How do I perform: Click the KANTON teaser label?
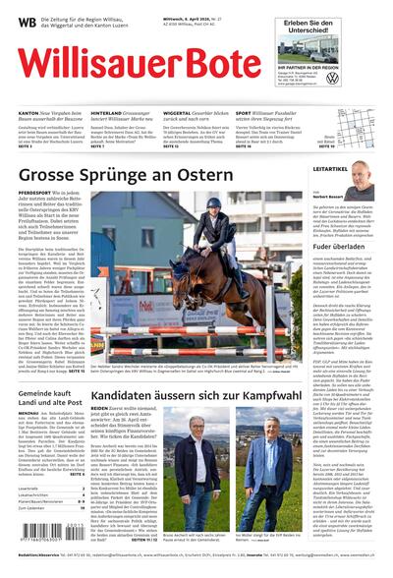click(29, 112)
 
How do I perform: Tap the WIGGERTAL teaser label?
click(180, 112)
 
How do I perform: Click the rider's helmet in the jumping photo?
click(214, 203)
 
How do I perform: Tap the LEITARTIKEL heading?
click(331, 168)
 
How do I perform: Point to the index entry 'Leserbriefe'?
click(28, 488)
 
